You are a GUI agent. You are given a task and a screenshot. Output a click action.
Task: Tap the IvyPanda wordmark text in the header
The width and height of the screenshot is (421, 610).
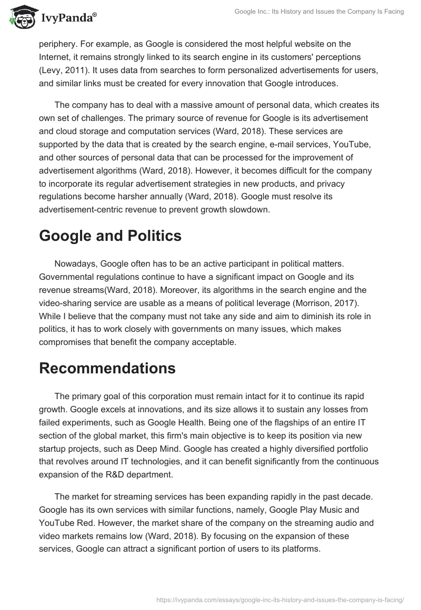[x=68, y=18]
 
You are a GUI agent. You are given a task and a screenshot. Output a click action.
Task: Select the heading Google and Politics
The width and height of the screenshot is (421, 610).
[x=110, y=236]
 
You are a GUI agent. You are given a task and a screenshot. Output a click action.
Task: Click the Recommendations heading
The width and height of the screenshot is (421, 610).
[x=107, y=368]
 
